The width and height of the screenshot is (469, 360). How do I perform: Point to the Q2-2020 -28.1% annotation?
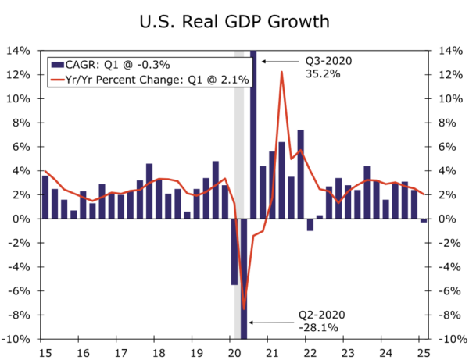(x=320, y=322)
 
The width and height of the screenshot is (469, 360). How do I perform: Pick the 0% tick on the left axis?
(x=23, y=219)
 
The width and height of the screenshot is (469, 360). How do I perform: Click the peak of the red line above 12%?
(x=281, y=72)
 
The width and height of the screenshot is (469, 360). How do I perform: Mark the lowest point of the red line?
(x=245, y=309)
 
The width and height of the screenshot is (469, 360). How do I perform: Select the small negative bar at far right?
(x=424, y=221)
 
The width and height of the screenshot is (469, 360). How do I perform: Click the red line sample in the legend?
(x=60, y=79)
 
